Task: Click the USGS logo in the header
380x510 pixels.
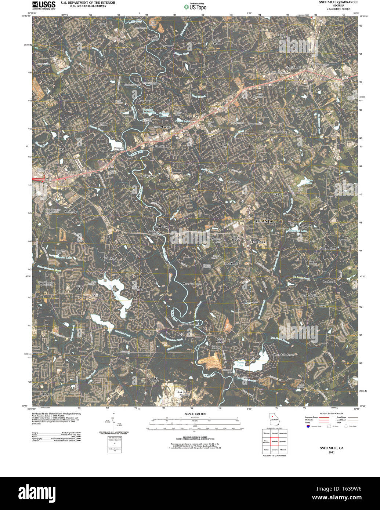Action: (44, 5)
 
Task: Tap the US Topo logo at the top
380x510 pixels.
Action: (195, 6)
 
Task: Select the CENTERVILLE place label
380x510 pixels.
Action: (259, 243)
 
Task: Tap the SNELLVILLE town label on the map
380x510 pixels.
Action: (295, 68)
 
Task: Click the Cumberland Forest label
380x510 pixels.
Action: (159, 146)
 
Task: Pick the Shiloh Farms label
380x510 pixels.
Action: (148, 176)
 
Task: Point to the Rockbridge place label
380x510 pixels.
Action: (71, 212)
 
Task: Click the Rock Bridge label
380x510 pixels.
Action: (221, 340)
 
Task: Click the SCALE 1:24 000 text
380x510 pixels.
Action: (193, 414)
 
